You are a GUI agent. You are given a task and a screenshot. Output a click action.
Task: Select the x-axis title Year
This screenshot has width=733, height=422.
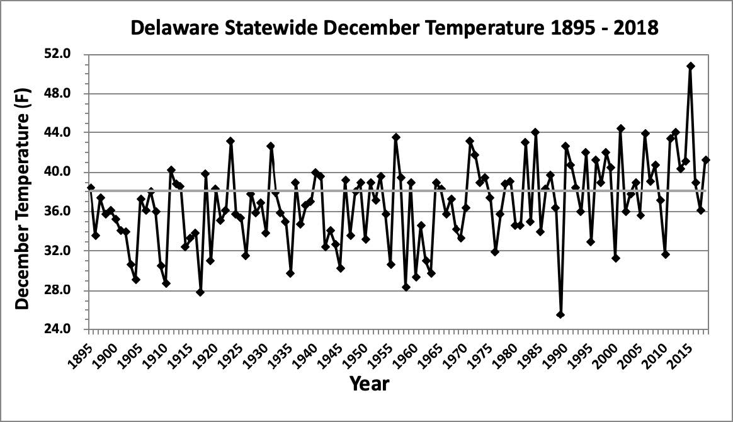click(370, 382)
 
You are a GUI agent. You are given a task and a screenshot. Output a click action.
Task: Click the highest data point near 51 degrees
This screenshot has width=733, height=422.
click(691, 66)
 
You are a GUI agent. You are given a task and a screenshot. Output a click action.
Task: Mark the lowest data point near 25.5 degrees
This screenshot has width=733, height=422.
click(560, 315)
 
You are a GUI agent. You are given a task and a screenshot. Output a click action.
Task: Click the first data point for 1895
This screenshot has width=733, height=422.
click(91, 188)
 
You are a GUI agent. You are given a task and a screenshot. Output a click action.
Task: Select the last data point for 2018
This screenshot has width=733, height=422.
click(706, 160)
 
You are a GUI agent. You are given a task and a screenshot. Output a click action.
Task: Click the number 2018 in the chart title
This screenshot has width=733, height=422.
click(635, 28)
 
